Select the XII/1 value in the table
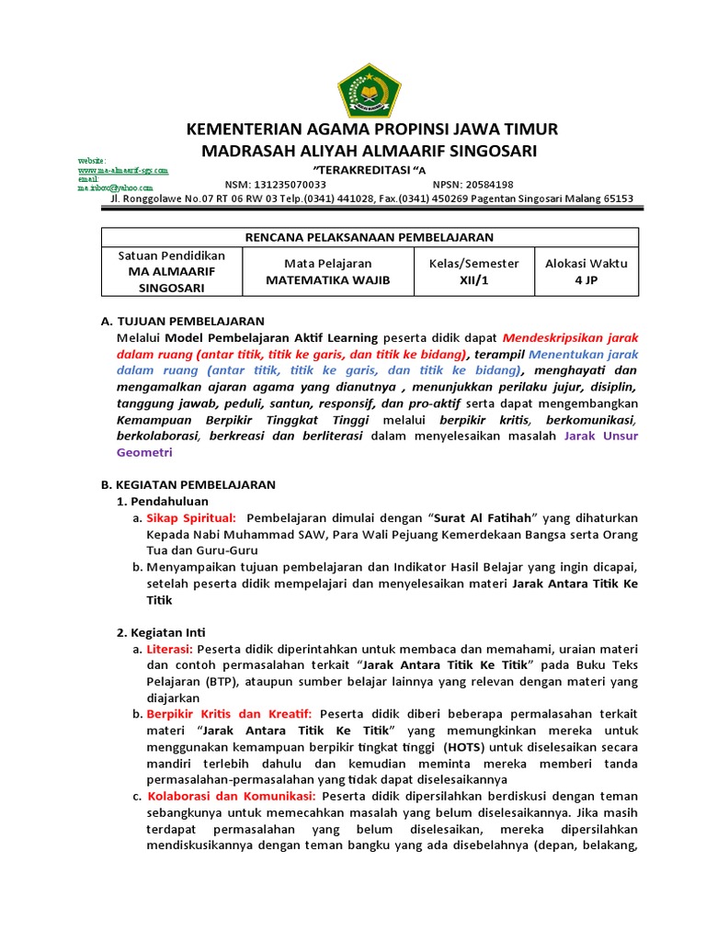click(473, 280)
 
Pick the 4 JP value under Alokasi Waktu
click(586, 280)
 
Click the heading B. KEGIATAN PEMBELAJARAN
click(188, 484)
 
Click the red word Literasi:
click(170, 649)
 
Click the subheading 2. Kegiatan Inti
click(161, 632)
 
